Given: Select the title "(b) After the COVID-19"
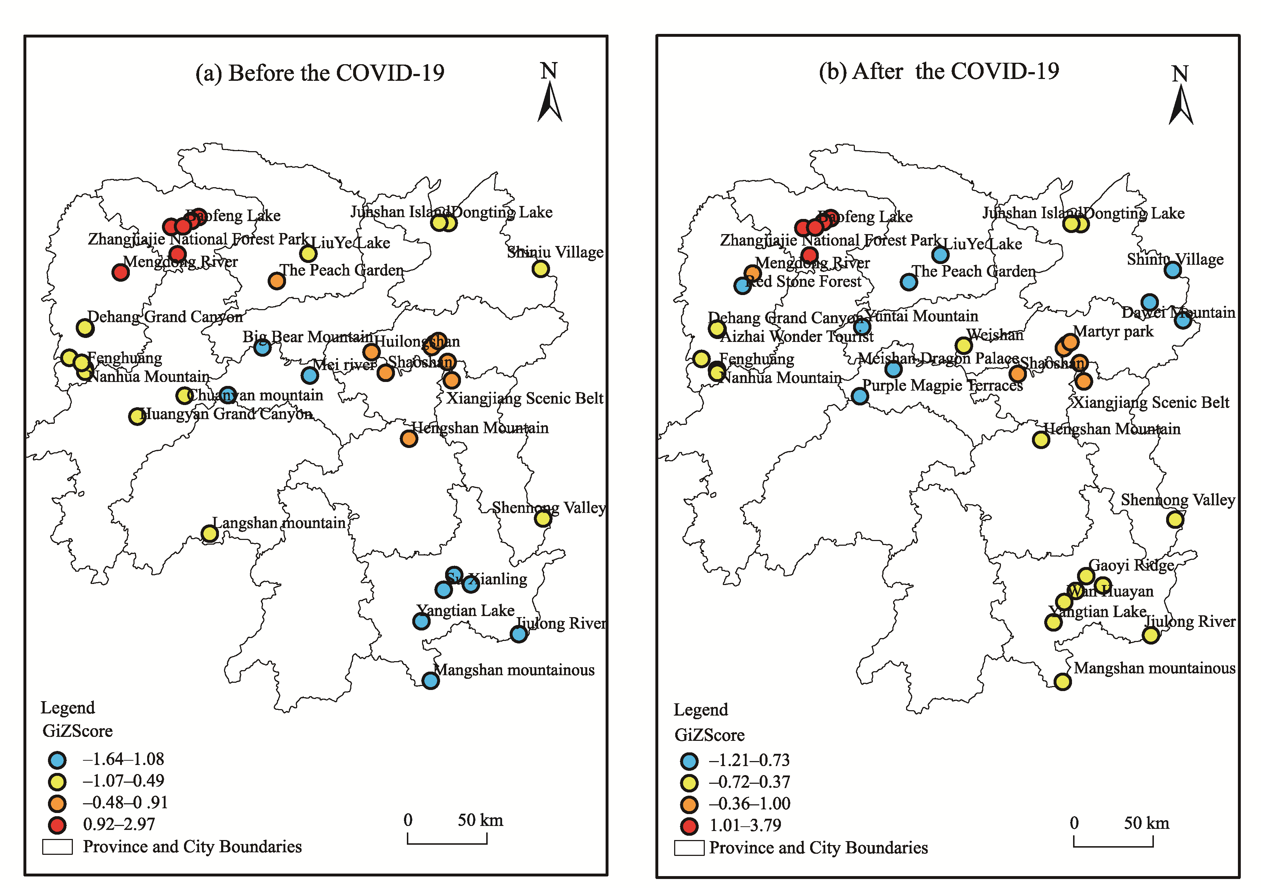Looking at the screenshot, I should pos(939,71).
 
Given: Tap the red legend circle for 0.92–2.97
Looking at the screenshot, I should pos(57,825).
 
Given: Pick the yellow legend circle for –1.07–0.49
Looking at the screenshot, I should pos(57,782).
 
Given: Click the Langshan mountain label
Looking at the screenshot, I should pos(279,523).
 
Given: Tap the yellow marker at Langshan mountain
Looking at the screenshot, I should pos(209,533).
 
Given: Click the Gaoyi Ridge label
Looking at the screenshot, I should pos(1132,565).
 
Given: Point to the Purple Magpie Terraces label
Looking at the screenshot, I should pos(943,386).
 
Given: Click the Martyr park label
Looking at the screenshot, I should pos(1113,332).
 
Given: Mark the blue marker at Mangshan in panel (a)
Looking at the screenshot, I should pos(431,681).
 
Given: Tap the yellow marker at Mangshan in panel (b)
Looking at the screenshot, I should pos(1063,682).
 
